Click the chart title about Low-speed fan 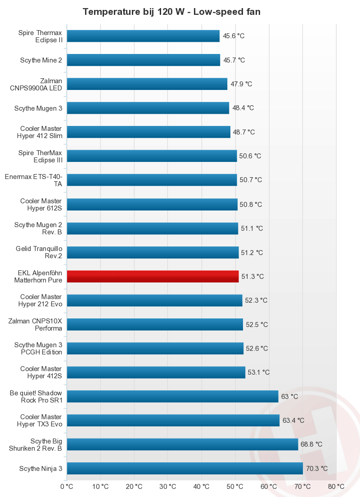(x=171, y=12)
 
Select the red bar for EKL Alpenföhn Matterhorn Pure (x=153, y=276)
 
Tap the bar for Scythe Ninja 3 (x=184, y=468)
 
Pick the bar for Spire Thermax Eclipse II (x=143, y=36)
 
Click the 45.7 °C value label (x=234, y=60)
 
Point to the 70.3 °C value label (x=316, y=468)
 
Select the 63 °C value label (x=289, y=396)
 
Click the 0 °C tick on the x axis (x=67, y=486)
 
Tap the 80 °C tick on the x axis (x=336, y=486)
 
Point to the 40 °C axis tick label (x=201, y=486)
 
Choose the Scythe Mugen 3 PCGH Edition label (x=38, y=348)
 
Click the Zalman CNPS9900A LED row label (x=36, y=84)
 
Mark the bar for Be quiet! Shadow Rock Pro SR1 (x=172, y=396)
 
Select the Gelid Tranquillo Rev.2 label (x=39, y=252)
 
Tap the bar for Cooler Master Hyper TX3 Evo (x=173, y=421)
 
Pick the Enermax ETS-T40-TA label (x=33, y=180)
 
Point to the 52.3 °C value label (x=256, y=300)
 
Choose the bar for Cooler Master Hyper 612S (x=152, y=204)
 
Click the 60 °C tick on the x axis (x=269, y=486)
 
